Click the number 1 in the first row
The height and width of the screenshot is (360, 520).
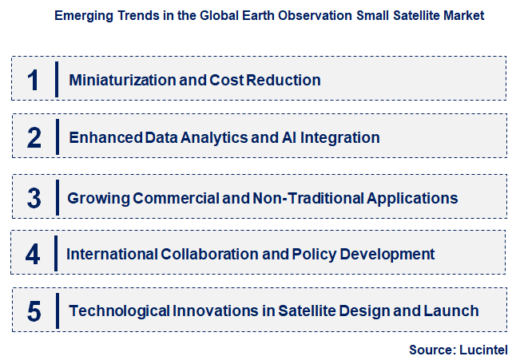tap(33, 80)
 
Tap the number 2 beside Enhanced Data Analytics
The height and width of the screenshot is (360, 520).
tap(34, 137)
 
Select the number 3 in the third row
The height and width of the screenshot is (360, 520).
tap(34, 197)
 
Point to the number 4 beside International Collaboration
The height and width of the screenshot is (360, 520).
tap(33, 255)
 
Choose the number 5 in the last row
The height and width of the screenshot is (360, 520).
tap(34, 311)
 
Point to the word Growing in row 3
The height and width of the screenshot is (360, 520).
tap(95, 197)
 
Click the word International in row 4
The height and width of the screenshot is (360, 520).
tap(111, 255)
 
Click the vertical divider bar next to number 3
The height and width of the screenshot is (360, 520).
tap(57, 196)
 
